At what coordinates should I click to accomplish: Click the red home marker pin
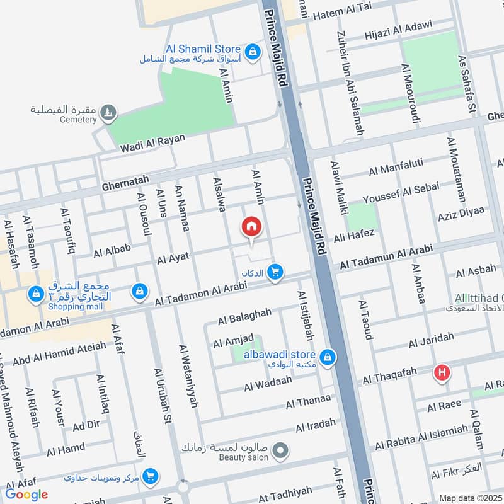tap(251, 227)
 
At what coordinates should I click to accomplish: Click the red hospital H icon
tap(443, 373)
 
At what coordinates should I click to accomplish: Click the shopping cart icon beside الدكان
tap(275, 272)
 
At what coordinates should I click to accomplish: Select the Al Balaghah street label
tap(244, 316)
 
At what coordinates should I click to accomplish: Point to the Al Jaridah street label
tap(431, 341)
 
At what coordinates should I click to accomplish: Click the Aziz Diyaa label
tap(462, 212)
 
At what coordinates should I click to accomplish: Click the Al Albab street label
tap(112, 251)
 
